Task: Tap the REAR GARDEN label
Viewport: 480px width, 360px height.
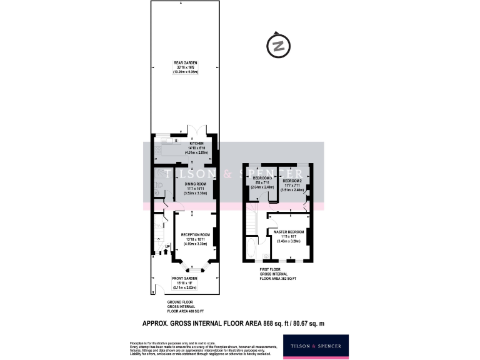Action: point(184,62)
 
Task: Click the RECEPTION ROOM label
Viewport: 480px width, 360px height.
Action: point(194,234)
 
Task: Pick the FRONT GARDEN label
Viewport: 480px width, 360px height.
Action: point(185,278)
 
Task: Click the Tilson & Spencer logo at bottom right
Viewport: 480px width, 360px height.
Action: point(316,346)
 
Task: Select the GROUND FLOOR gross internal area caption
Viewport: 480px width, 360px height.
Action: point(186,306)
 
